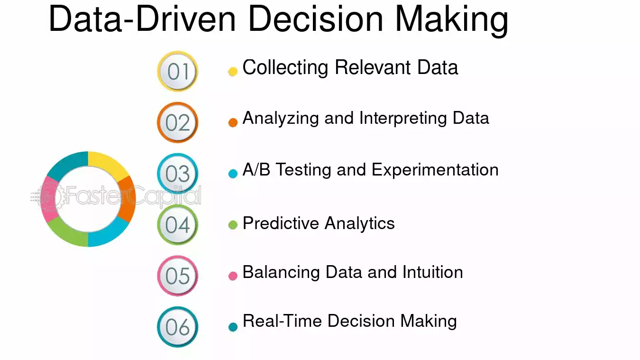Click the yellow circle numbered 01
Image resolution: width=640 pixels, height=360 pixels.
coord(178,72)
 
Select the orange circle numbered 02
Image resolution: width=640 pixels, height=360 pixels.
coord(178,123)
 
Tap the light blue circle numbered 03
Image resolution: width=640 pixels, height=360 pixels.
coord(178,174)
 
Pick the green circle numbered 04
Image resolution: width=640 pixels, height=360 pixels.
coord(178,225)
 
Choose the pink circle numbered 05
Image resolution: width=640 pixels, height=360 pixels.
coord(178,276)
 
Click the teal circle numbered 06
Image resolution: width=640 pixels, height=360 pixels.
coord(178,327)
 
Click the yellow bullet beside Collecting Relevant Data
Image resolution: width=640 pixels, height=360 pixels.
coord(233,72)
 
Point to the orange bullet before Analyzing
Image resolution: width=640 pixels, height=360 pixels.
coord(233,122)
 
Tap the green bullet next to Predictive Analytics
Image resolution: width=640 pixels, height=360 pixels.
coord(233,225)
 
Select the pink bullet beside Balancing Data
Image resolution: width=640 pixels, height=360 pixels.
coord(233,276)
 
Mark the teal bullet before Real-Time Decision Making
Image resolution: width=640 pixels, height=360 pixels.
coord(233,327)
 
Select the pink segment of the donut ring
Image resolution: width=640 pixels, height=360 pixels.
coord(48,199)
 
